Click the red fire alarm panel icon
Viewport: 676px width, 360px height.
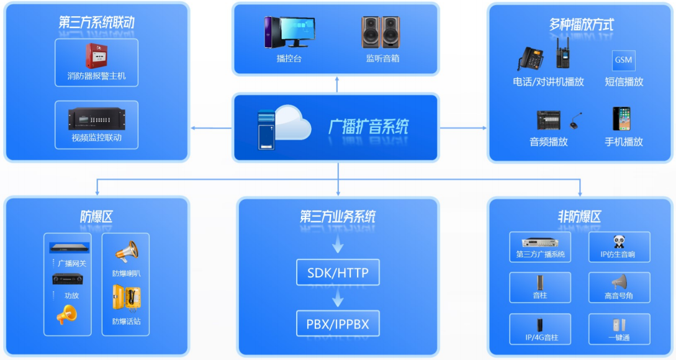pos(96,56)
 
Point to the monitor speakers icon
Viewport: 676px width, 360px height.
pos(381,32)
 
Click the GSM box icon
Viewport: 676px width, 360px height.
pos(623,60)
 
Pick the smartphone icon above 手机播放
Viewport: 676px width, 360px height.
pos(622,119)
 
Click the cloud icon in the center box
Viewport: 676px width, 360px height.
pos(290,122)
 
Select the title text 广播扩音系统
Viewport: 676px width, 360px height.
pos(368,127)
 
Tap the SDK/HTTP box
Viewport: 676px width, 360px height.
pos(337,272)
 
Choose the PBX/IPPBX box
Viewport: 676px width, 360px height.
pos(337,323)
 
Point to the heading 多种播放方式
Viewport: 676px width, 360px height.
pos(581,25)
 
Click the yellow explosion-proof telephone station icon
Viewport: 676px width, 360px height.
pos(126,299)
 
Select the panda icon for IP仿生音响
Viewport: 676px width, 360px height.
pos(619,241)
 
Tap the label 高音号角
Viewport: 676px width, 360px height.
pos(619,296)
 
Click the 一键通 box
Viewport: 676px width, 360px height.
pos(619,329)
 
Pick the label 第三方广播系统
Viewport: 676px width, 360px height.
pos(540,254)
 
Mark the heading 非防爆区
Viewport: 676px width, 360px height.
pos(580,217)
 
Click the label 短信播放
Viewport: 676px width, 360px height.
pos(624,82)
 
